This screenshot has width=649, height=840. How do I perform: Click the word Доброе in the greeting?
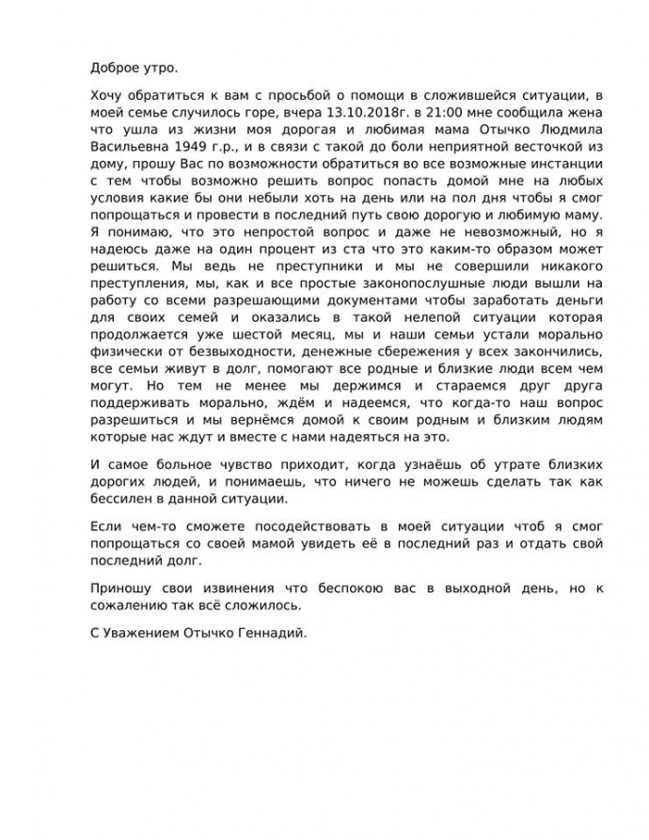[x=114, y=68]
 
